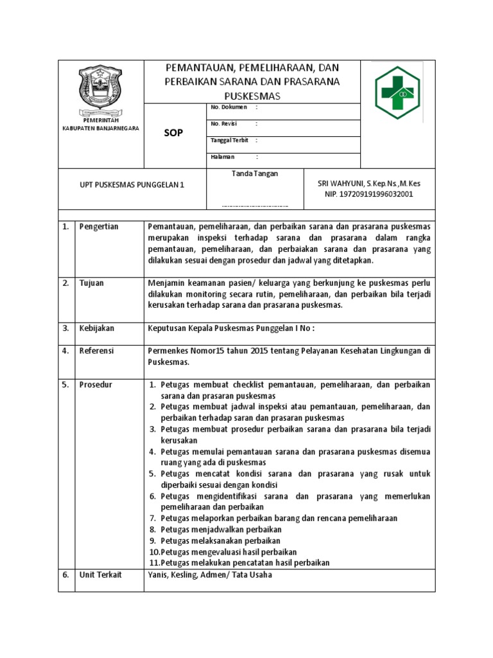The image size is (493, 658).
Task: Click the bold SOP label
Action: pyautogui.click(x=173, y=133)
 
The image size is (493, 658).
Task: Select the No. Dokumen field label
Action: pyautogui.click(x=229, y=107)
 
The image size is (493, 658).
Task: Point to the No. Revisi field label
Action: pyautogui.click(x=226, y=123)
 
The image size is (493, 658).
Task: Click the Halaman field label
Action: pyautogui.click(x=223, y=156)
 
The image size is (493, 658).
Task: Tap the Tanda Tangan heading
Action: pyautogui.click(x=254, y=173)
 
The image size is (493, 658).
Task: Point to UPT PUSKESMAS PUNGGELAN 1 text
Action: pyautogui.click(x=129, y=184)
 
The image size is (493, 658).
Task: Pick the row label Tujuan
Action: pyautogui.click(x=92, y=283)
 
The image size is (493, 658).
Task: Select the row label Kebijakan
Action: pyautogui.click(x=96, y=328)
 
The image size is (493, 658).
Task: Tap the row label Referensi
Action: pyautogui.click(x=97, y=351)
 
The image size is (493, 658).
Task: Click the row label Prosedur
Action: pyautogui.click(x=96, y=384)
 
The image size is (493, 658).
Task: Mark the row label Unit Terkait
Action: pyautogui.click(x=100, y=574)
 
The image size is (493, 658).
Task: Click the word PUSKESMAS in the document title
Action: pyautogui.click(x=252, y=96)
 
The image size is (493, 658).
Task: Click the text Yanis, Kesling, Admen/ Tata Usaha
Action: pyautogui.click(x=210, y=574)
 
